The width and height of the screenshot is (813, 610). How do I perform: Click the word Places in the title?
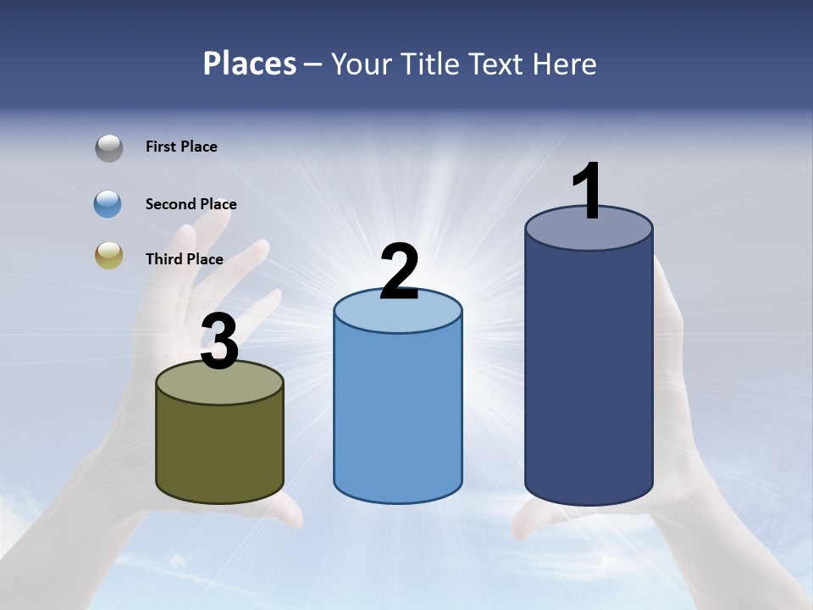(250, 64)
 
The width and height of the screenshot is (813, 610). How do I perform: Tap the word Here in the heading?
(564, 64)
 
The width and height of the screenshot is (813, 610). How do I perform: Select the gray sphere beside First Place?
(108, 147)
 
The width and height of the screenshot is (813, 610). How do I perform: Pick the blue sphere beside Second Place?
(108, 204)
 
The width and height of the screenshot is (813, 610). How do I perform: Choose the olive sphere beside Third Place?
(108, 256)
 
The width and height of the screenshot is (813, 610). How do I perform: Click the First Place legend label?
(181, 147)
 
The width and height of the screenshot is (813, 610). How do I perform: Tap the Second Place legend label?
(191, 204)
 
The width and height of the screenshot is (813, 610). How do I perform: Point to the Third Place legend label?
(184, 259)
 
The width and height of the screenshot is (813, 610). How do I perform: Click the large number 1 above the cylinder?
(587, 191)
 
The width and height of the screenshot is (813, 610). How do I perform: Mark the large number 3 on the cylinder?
(219, 342)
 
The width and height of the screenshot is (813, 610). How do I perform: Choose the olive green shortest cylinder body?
(219, 449)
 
